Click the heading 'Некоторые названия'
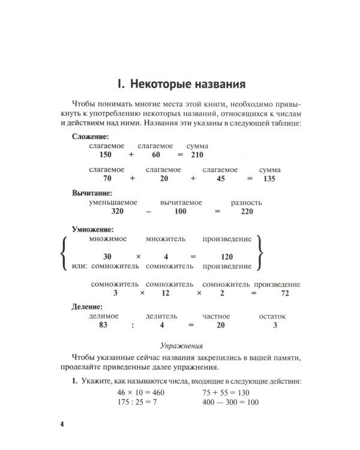click(180, 81)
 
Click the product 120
click(226, 256)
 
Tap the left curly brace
click(64, 253)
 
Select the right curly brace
click(259, 253)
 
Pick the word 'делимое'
click(103, 316)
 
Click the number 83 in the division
click(106, 326)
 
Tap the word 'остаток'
click(272, 316)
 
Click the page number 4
click(62, 424)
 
